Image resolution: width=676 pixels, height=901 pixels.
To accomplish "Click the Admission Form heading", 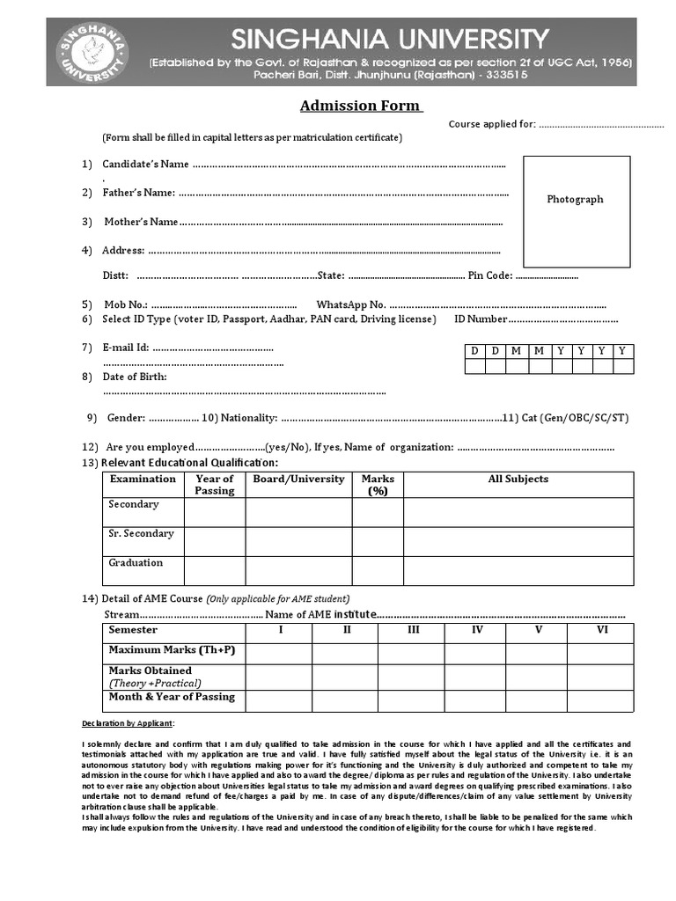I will (x=361, y=106).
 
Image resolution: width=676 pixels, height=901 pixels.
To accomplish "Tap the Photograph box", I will (x=576, y=210).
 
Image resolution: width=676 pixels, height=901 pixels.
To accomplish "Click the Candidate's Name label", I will (x=145, y=165).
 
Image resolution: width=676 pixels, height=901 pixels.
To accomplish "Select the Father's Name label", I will (x=138, y=193).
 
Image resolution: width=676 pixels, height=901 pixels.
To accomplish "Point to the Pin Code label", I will (x=490, y=275).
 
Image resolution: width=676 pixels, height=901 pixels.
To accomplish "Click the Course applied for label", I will (x=491, y=124).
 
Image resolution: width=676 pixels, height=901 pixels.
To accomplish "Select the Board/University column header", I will (x=298, y=480).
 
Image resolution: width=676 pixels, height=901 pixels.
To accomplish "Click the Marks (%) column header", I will (x=378, y=485).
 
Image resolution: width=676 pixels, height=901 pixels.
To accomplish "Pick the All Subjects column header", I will (x=518, y=480).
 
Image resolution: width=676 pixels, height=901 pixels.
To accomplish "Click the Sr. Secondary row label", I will (x=141, y=533).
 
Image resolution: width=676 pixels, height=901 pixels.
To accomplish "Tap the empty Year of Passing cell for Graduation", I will (x=215, y=570).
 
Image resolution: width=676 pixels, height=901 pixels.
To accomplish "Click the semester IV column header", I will (x=476, y=630).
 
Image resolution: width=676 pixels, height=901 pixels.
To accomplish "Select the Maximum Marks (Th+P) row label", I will (x=172, y=650).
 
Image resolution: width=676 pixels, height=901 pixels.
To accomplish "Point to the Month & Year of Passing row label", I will (x=172, y=697).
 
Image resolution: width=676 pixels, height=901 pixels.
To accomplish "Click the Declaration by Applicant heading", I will (x=129, y=723).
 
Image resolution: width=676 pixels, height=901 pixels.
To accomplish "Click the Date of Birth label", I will (x=135, y=377).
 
